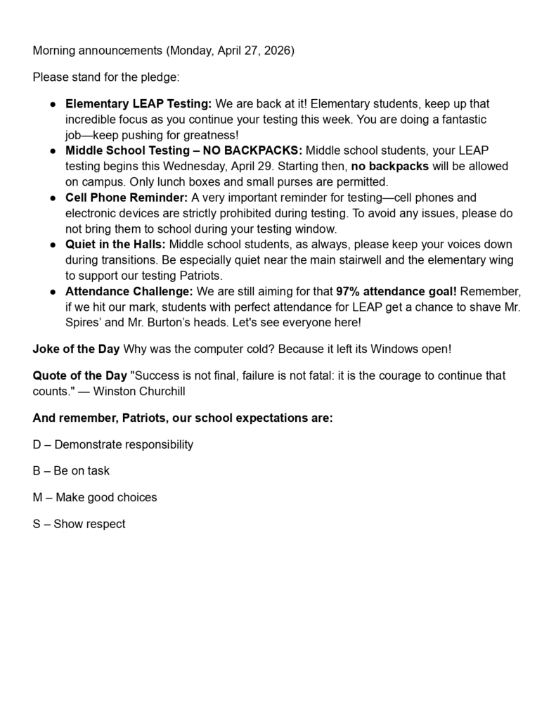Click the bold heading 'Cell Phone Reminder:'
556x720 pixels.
127,198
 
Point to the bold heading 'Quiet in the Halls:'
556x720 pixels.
116,244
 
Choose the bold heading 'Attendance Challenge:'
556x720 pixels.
129,291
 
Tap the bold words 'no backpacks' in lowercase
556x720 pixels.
389,166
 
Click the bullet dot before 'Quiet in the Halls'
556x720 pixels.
53,245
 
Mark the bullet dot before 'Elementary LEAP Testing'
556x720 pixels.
53,104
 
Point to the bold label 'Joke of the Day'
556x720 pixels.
76,349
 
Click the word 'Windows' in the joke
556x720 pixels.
388,349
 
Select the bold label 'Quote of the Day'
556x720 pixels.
80,375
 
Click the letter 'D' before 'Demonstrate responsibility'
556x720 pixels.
37,444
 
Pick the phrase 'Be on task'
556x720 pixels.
82,470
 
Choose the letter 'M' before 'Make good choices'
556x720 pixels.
38,497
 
